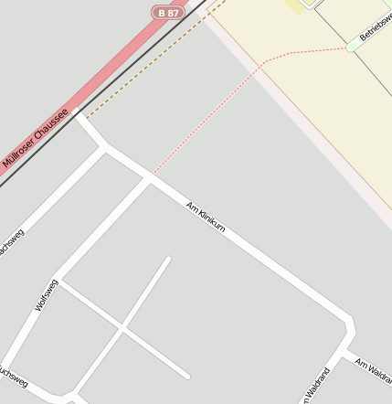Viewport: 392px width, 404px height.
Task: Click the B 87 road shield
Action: (x=167, y=12)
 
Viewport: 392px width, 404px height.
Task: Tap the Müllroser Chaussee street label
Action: (x=35, y=137)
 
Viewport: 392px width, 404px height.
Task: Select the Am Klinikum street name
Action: (x=206, y=216)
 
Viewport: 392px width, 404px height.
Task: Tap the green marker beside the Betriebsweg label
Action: (x=352, y=45)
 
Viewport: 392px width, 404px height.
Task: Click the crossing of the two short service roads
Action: (x=122, y=328)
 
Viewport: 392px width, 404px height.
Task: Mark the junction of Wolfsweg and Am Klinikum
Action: (x=149, y=179)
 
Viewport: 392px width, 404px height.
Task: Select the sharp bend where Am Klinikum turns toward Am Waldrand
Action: (x=349, y=324)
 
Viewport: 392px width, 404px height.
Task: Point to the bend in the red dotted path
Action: (x=263, y=62)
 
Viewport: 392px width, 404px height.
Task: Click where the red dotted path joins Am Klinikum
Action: (x=154, y=173)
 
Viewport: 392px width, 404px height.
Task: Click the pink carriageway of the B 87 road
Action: (x=110, y=73)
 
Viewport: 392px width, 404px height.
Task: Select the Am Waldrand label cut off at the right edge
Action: (x=374, y=369)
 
